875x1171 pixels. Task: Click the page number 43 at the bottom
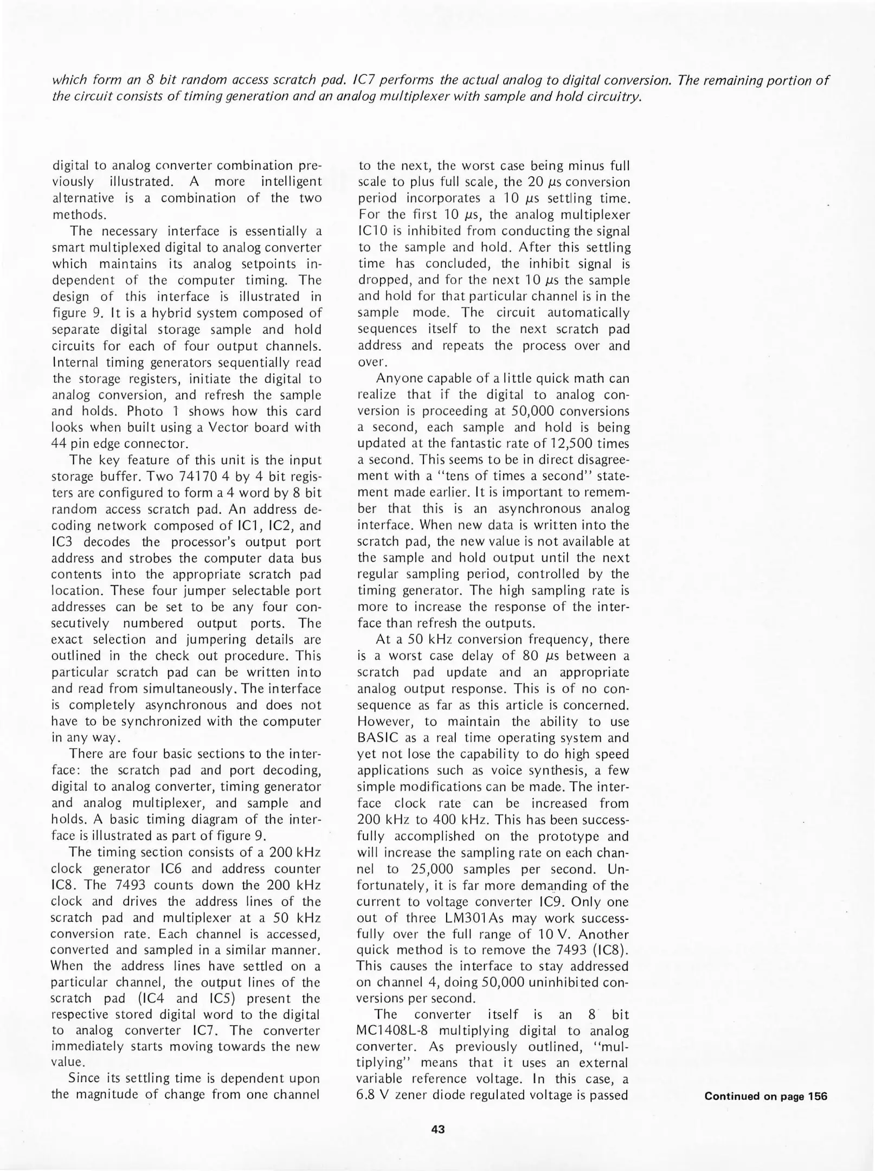[x=437, y=1129]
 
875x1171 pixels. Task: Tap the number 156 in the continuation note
[x=818, y=1096]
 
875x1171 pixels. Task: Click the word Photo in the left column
[x=145, y=411]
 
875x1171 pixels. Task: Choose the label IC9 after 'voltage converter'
[x=615, y=902]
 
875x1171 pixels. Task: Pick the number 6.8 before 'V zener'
[x=367, y=1096]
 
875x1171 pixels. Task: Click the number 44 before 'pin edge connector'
[x=59, y=444]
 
